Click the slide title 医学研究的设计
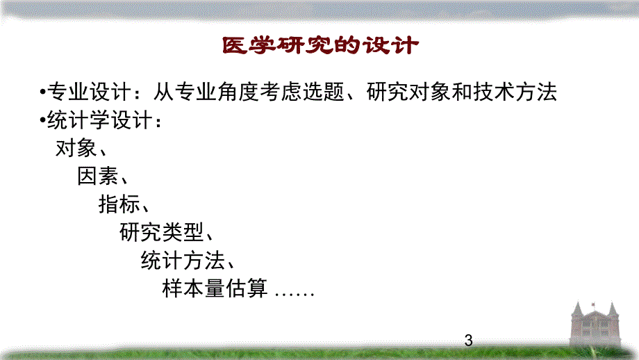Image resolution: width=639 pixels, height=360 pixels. click(x=320, y=46)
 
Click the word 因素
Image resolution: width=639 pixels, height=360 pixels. click(x=97, y=177)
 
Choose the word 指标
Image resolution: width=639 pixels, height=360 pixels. click(x=119, y=204)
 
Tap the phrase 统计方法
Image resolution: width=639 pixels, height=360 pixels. click(x=183, y=261)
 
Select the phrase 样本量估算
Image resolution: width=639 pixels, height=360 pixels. click(x=215, y=288)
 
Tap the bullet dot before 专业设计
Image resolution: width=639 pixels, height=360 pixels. click(x=42, y=93)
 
